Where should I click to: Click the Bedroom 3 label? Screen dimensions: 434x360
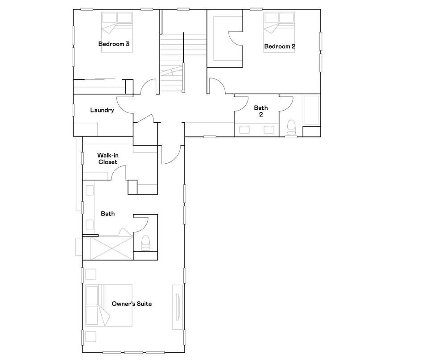tap(114, 44)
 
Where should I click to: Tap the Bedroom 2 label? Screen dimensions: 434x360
tap(280, 46)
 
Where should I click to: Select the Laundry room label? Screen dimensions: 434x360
tap(102, 110)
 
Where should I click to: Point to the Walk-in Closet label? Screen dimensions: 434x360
tap(108, 158)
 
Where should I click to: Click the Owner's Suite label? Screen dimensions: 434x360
tap(132, 303)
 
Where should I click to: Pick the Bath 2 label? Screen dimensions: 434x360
tap(261, 111)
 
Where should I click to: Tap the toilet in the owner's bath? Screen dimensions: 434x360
tap(145, 243)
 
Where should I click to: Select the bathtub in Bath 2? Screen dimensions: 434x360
tap(312, 110)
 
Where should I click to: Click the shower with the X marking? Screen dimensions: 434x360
tap(112, 248)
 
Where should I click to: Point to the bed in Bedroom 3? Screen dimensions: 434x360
tap(117, 32)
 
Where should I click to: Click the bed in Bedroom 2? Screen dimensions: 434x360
tap(279, 32)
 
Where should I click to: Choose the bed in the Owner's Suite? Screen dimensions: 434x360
tap(108, 306)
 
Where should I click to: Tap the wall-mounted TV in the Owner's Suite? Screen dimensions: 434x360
tap(178, 307)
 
